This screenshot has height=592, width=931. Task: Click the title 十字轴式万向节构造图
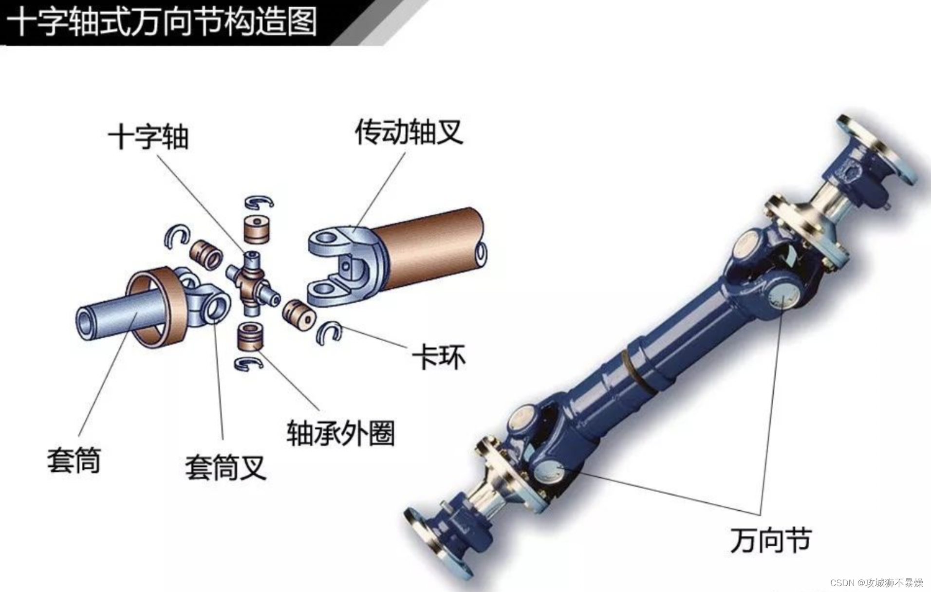coord(163,21)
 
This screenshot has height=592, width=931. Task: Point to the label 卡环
coord(439,357)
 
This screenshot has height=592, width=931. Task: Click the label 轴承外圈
coord(340,432)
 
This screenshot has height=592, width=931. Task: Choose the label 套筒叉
coord(225,467)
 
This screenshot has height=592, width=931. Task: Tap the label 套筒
coord(74,460)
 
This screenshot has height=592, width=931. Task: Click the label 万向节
coord(771,540)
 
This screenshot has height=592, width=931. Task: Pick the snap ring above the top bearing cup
coord(260,202)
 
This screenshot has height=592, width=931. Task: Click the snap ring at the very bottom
coord(249,363)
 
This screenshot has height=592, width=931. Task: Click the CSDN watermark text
coord(876,582)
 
